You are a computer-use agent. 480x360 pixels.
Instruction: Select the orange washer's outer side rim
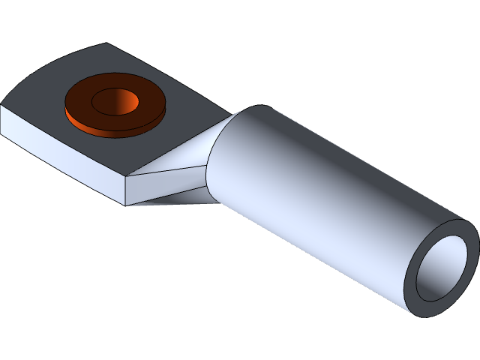[x=112, y=131]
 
